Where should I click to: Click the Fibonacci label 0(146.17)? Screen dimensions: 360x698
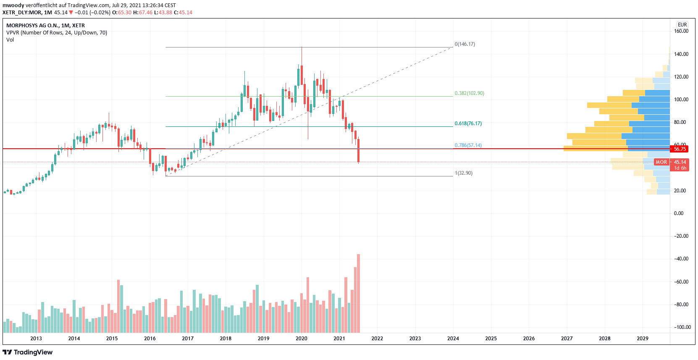pyautogui.click(x=464, y=44)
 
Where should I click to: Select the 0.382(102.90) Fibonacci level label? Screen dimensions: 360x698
pyautogui.click(x=469, y=93)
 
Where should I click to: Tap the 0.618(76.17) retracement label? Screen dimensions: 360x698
pyautogui.click(x=468, y=124)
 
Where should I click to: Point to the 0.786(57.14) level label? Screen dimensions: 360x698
pyautogui.click(x=468, y=145)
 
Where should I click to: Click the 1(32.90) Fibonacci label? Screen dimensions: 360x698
pyautogui.click(x=463, y=173)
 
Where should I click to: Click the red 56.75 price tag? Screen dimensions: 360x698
pyautogui.click(x=680, y=149)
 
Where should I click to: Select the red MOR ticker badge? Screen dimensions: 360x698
pyautogui.click(x=661, y=162)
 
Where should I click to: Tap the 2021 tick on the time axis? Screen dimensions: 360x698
pyautogui.click(x=339, y=339)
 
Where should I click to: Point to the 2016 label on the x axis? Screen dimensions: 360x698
pyautogui.click(x=150, y=339)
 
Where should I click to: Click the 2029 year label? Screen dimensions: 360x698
pyautogui.click(x=642, y=339)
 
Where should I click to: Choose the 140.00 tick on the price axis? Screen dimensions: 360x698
pyautogui.click(x=681, y=54)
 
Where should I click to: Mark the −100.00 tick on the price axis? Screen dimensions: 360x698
pyautogui.click(x=682, y=327)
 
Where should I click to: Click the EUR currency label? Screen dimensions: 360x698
pyautogui.click(x=682, y=25)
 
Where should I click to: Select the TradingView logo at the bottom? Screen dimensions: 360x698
pyautogui.click(x=28, y=352)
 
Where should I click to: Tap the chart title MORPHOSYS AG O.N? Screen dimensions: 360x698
pyautogui.click(x=45, y=26)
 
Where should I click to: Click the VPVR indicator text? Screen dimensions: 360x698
pyautogui.click(x=57, y=33)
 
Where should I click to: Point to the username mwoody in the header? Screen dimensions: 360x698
pyautogui.click(x=13, y=5)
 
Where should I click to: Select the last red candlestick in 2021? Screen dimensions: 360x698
pyautogui.click(x=358, y=150)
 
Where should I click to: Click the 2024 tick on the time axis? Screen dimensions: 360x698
pyautogui.click(x=453, y=339)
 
